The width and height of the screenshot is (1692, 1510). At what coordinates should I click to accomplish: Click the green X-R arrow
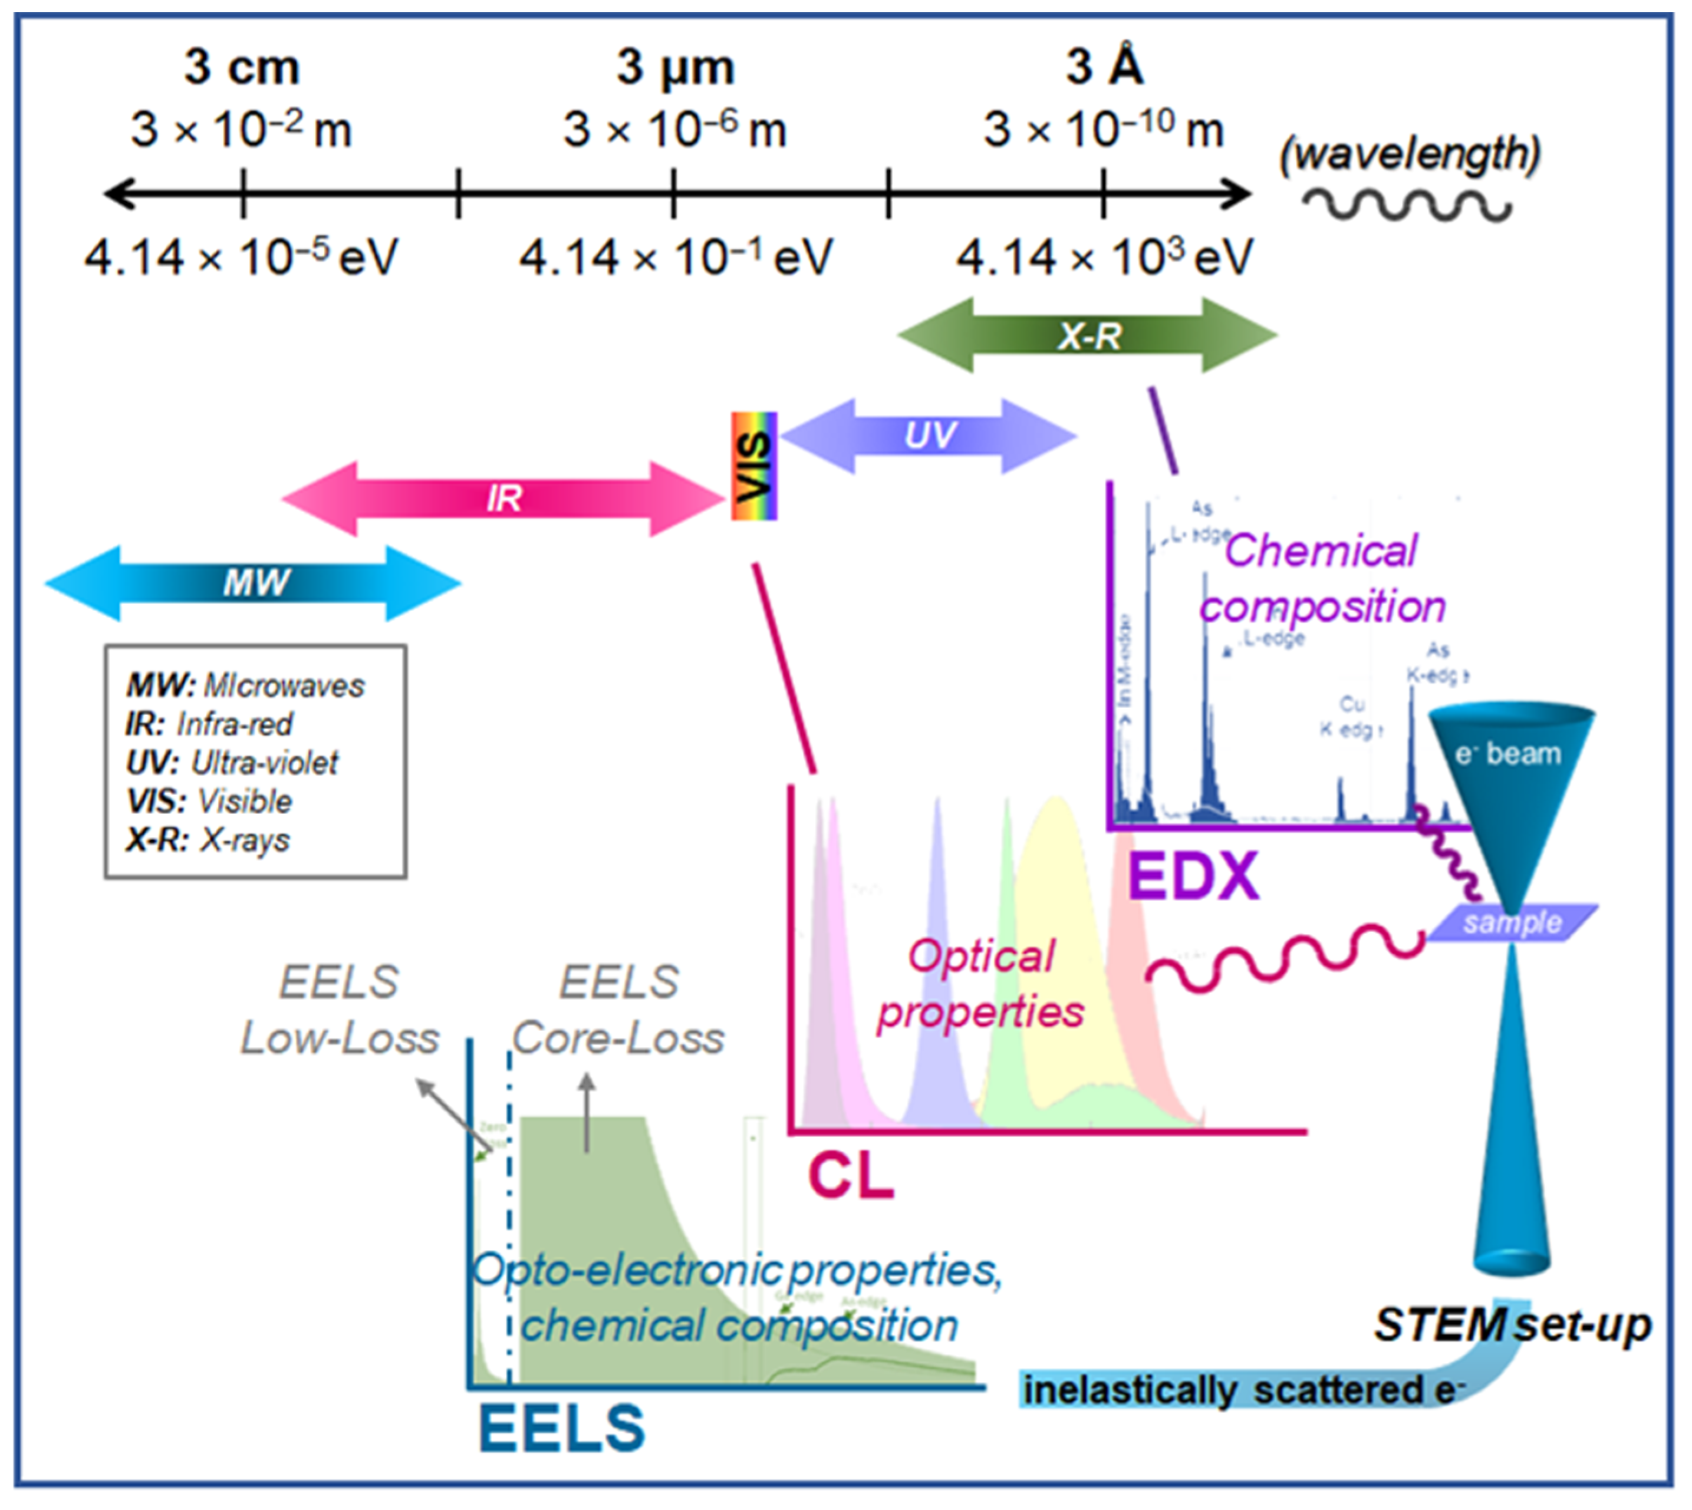pos(1087,336)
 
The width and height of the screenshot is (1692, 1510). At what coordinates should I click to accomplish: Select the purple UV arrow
pos(929,436)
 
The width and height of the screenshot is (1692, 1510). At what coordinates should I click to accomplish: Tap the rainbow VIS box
pos(753,466)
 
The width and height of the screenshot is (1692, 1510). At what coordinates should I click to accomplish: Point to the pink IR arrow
pos(503,499)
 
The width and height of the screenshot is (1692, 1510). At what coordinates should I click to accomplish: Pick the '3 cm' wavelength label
pos(242,67)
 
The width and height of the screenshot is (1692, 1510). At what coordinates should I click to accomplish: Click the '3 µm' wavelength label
pos(674,67)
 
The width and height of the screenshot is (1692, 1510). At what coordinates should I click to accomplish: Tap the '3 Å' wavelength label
pos(1104,67)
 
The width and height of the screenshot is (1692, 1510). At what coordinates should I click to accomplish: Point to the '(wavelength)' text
pos(1410,153)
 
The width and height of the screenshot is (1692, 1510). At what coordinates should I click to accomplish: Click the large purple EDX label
pos(1193,876)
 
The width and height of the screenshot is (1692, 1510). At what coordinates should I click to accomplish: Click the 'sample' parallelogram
pos(1512,922)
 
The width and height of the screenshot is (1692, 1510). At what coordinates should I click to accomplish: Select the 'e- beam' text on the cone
pos(1508,753)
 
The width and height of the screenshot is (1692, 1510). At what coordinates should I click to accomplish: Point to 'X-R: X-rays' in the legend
pos(208,840)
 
